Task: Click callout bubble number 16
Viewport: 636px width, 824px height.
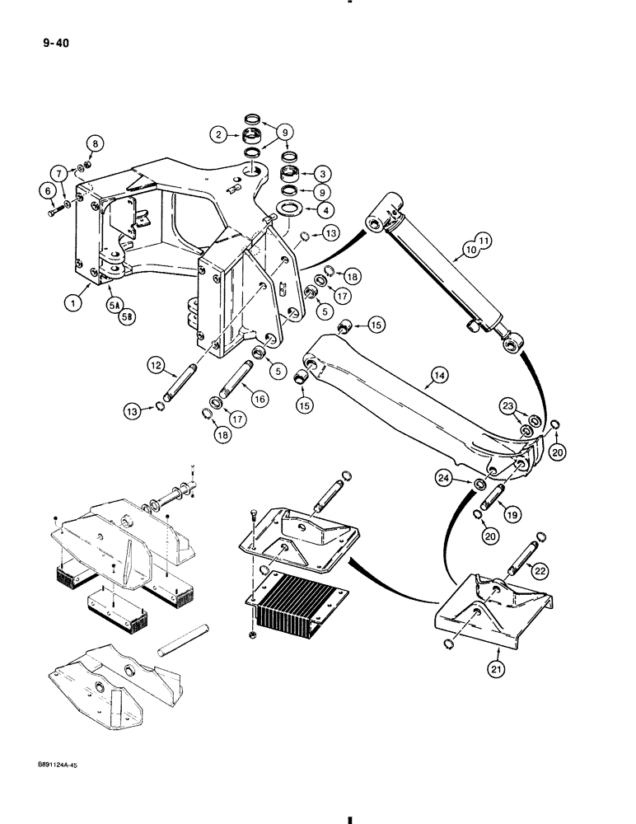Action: click(259, 398)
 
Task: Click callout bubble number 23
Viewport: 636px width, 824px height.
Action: click(508, 405)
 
